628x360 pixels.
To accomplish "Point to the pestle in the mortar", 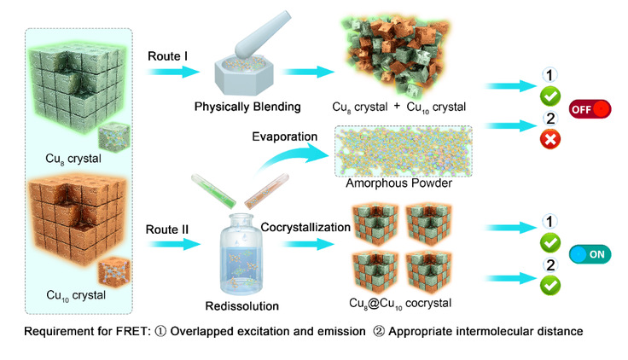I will [x=252, y=51].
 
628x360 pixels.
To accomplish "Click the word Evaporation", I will [x=284, y=136].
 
